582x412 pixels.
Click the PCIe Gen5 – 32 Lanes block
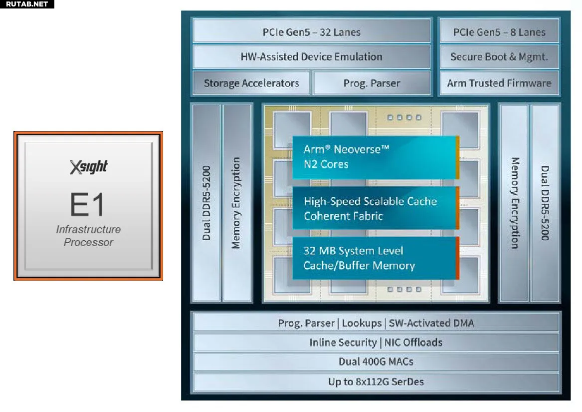(311, 32)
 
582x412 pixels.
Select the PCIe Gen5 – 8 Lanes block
(499, 32)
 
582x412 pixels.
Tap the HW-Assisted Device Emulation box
(311, 56)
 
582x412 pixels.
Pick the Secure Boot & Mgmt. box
(499, 56)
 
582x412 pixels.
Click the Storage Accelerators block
(251, 83)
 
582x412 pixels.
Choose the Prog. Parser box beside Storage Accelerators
(372, 83)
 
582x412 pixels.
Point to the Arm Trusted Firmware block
(499, 83)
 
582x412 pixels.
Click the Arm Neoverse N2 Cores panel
(374, 157)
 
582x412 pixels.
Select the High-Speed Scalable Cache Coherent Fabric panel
(374, 208)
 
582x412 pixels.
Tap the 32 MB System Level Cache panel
(374, 258)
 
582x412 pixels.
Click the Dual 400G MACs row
(376, 362)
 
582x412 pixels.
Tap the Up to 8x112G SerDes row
(376, 382)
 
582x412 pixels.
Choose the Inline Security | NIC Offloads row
(376, 342)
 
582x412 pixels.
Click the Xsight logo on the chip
(88, 167)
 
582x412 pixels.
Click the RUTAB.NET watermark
(27, 4)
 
